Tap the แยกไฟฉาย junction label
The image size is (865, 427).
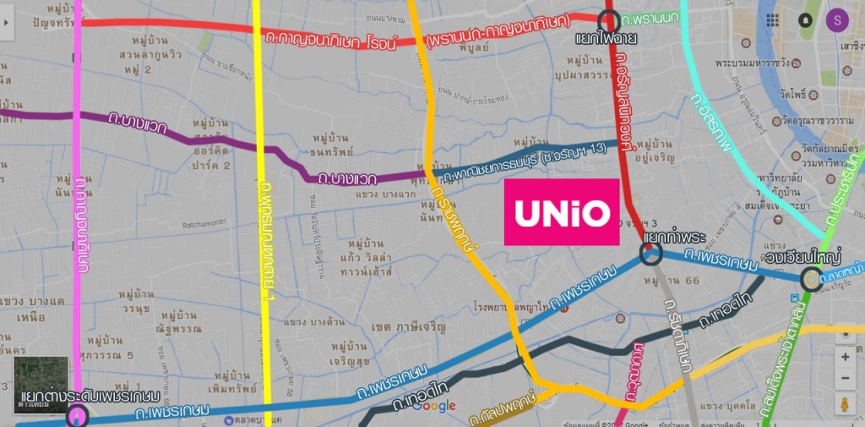pyautogui.click(x=606, y=39)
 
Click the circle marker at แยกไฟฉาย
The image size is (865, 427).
pyautogui.click(x=607, y=20)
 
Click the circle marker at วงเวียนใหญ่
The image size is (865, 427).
pyautogui.click(x=811, y=278)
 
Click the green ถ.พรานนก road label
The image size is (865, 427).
pyautogui.click(x=650, y=19)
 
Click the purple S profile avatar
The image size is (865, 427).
pyautogui.click(x=837, y=19)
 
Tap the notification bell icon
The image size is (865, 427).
pyautogui.click(x=805, y=19)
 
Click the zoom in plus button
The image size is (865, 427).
pyautogui.click(x=846, y=357)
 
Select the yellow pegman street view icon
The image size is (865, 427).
pyautogui.click(x=846, y=403)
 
